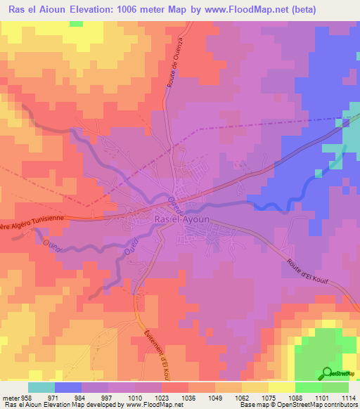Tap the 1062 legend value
241,397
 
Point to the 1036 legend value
188,397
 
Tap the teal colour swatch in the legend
41,387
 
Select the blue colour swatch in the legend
68,387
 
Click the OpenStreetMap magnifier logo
326,374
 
